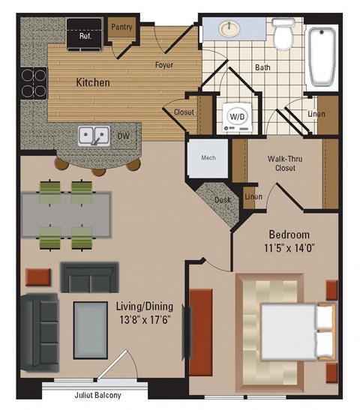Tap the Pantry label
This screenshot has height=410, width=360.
[121, 27]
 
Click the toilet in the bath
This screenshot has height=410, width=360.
[283, 34]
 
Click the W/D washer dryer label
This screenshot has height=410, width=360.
[237, 117]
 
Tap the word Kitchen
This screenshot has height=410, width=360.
[94, 81]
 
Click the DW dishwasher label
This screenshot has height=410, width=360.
[123, 136]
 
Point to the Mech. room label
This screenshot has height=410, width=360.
[208, 157]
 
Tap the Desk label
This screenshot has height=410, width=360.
[221, 200]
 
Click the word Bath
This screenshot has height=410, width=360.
[262, 67]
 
